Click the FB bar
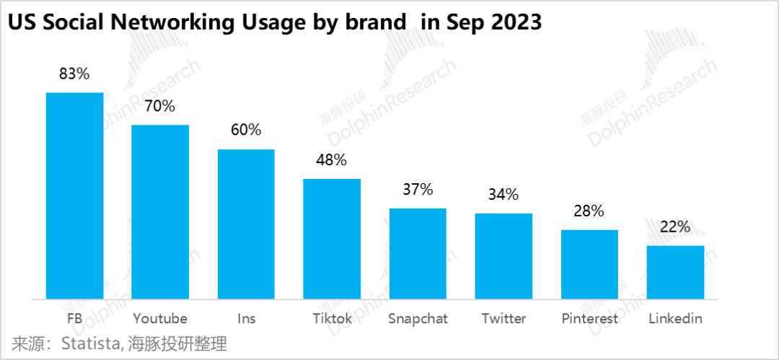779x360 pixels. point(74,196)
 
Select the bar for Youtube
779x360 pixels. point(160,211)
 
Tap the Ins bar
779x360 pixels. point(246,224)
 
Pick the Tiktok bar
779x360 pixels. point(332,238)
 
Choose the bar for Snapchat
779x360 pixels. point(418,253)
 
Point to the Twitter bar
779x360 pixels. point(503,256)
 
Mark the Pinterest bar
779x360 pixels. point(589,264)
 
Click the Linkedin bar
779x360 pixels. point(675,272)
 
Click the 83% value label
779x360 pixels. point(74,74)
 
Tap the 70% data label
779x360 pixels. point(160,106)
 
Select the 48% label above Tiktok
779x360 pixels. point(332,159)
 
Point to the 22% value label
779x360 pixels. point(675,227)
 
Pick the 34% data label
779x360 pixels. point(503,195)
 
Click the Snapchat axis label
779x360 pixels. point(418,318)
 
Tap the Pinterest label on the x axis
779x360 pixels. point(589,318)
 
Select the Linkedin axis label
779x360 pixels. point(675,318)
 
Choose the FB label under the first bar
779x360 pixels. point(74,318)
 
